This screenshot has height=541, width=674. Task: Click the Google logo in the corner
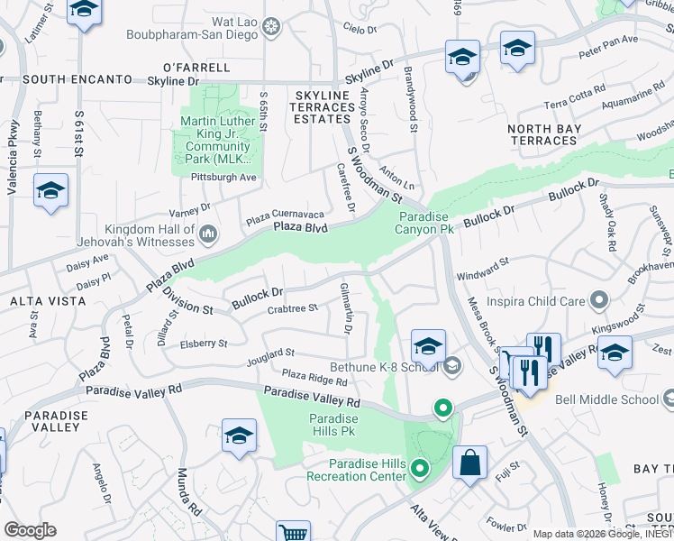click(30, 530)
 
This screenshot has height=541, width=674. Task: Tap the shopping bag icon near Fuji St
click(469, 463)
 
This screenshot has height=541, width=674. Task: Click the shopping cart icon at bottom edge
click(293, 533)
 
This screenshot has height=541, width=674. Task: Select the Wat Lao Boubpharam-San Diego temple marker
click(269, 29)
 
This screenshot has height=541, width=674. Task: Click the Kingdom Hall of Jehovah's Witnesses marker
click(209, 235)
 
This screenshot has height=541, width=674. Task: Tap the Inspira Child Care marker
click(597, 300)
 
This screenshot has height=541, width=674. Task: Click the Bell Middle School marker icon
click(668, 399)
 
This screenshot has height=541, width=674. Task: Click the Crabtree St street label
click(293, 308)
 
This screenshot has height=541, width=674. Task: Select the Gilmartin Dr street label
click(345, 307)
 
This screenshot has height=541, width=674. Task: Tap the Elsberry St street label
click(204, 344)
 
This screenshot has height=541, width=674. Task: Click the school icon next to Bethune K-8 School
click(428, 345)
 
